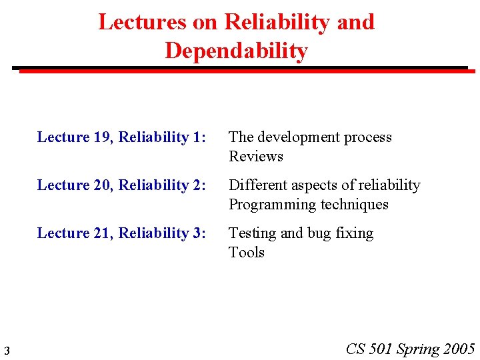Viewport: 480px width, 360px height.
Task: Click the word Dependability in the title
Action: click(236, 51)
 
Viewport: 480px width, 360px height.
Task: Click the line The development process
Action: click(310, 137)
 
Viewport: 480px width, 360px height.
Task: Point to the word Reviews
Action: click(256, 157)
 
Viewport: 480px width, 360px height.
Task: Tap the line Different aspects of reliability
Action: click(324, 185)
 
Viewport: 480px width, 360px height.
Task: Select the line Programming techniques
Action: click(308, 205)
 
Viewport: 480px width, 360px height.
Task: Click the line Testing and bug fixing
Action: click(301, 233)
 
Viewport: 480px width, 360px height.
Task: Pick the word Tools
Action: click(247, 253)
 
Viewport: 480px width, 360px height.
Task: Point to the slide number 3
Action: click(6, 350)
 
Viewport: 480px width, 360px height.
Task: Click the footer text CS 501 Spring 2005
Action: click(410, 349)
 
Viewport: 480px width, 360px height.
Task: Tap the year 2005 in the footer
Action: click(459, 349)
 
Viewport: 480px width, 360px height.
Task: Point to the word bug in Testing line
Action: click(320, 233)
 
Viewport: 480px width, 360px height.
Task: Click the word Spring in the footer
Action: click(418, 349)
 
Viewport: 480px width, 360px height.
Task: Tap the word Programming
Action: click(268, 205)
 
